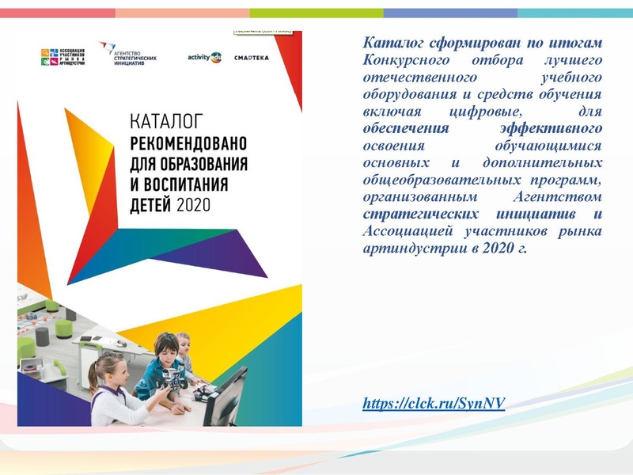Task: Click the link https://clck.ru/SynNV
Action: coord(433,404)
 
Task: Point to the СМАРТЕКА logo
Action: coord(251,58)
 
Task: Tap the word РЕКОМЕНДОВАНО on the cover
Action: coord(188,144)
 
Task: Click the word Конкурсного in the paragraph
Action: coord(403,60)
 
